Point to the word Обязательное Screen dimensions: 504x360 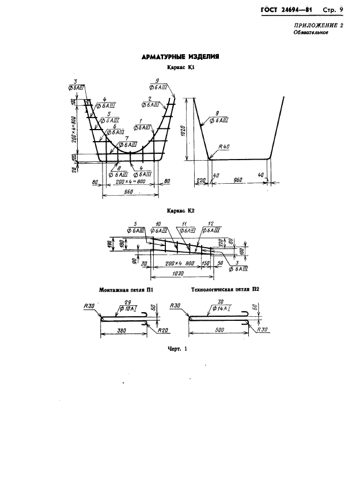point(311,33)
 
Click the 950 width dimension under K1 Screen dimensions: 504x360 point(130,190)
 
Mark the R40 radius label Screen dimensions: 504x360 point(224,147)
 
